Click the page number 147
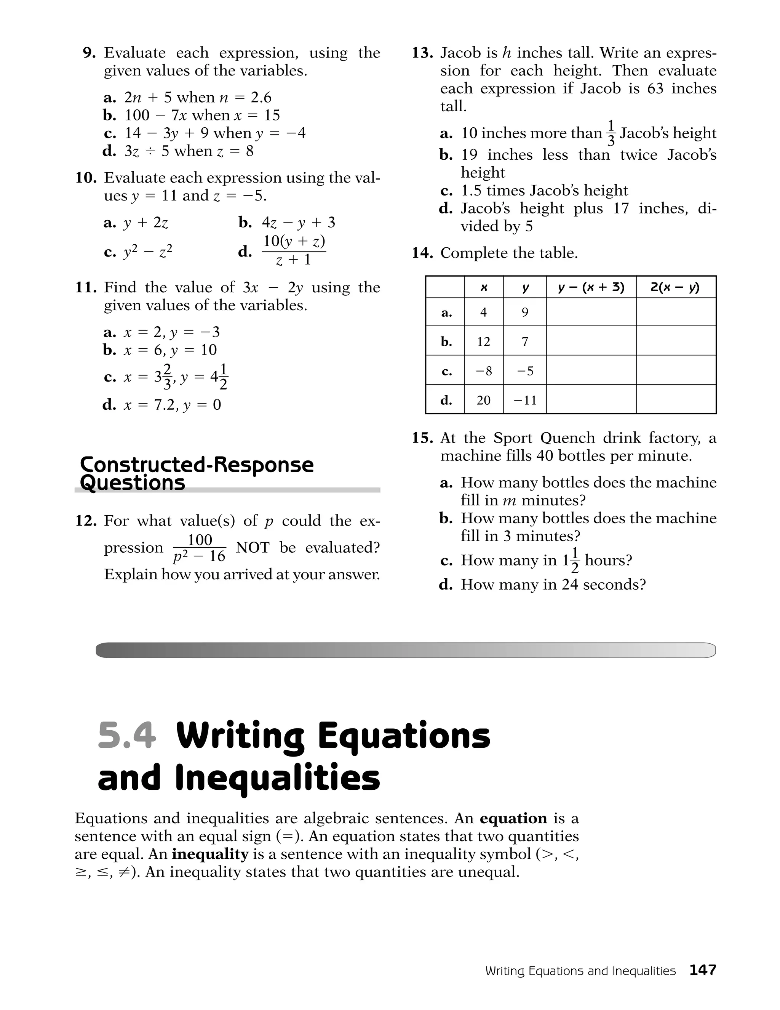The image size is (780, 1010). click(702, 970)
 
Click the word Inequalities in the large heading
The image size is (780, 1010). click(278, 778)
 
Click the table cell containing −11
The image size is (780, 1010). click(525, 399)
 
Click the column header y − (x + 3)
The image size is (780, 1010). click(591, 287)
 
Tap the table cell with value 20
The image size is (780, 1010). click(483, 399)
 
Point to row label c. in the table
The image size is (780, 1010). click(446, 371)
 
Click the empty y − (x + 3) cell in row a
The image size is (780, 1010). click(591, 312)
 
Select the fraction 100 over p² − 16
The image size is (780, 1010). click(200, 548)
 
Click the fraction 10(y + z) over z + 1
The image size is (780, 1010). click(294, 250)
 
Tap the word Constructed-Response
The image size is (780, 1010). click(197, 464)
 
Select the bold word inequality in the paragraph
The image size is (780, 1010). click(210, 854)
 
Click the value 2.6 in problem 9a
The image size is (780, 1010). click(261, 98)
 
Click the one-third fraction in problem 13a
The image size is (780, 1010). click(611, 133)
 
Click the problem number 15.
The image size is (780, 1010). click(422, 438)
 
